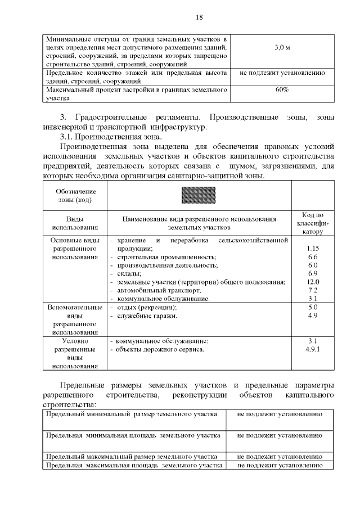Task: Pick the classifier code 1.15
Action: coord(313,248)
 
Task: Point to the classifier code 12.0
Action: coord(313,282)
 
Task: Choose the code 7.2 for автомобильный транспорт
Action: coord(313,290)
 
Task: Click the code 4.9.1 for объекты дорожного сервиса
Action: coord(313,349)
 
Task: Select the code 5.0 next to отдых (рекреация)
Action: coord(313,307)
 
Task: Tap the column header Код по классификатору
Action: coord(313,223)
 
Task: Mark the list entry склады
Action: coord(129,273)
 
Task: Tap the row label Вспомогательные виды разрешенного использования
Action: coord(75,320)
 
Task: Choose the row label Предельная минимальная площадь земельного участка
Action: coord(132,435)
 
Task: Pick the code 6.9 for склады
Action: coord(313,273)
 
